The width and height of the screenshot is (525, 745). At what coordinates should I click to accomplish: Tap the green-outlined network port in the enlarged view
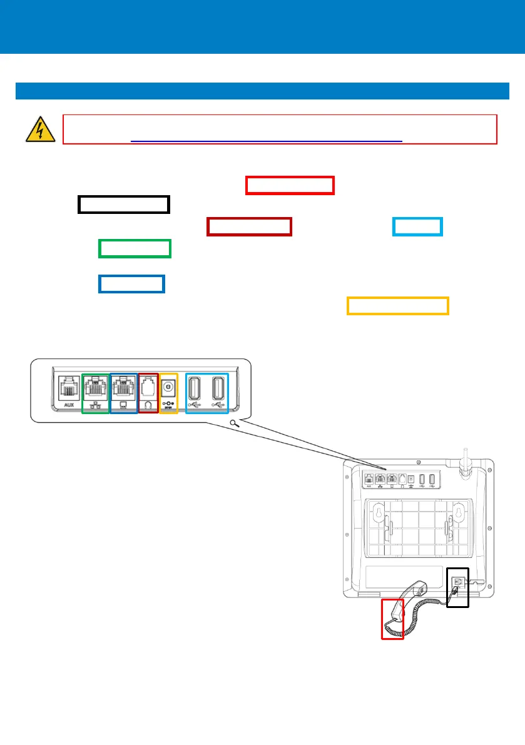96,388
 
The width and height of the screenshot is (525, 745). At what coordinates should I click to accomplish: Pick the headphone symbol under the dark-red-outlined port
148,405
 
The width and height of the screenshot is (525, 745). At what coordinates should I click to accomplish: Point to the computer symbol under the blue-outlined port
123,405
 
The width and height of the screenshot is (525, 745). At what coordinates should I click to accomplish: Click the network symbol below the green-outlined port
96,405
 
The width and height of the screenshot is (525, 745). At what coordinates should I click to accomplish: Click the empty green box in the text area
135,248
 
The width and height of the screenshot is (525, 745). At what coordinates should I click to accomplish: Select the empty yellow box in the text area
397,305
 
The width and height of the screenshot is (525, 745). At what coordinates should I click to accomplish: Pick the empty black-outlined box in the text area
124,205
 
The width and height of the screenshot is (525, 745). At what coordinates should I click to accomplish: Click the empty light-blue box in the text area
417,226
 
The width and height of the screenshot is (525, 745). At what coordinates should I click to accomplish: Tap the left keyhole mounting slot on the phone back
377,514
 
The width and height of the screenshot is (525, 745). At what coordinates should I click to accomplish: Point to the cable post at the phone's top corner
466,465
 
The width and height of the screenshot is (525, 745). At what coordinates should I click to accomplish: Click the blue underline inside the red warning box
266,142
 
